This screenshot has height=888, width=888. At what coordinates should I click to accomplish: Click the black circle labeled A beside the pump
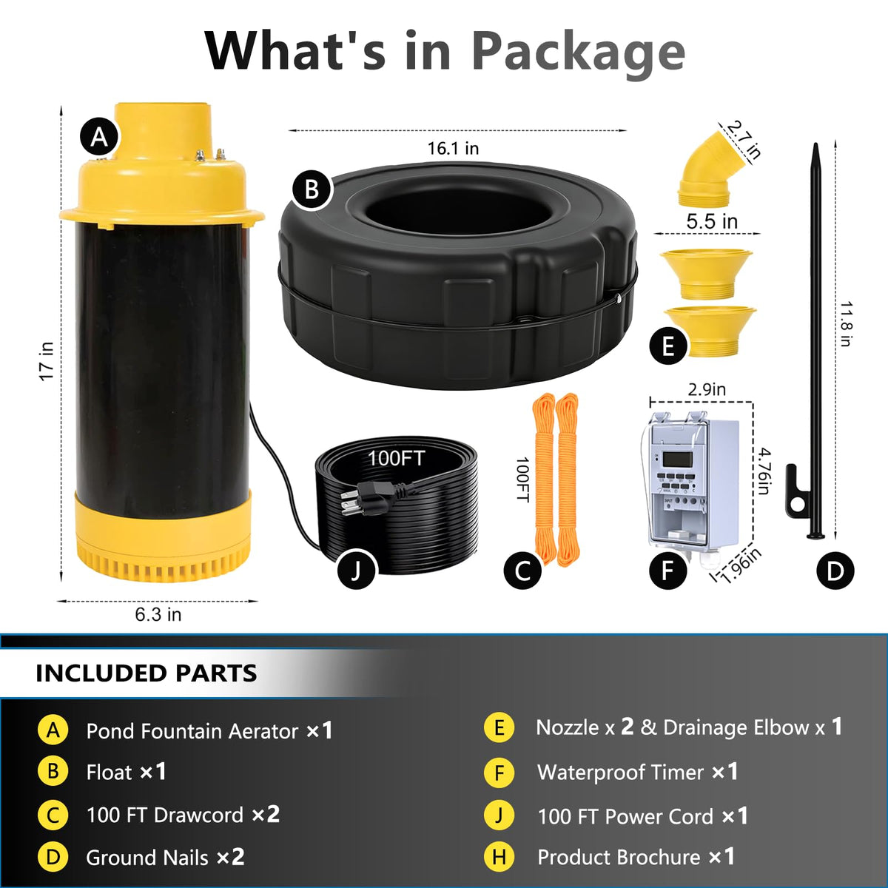tap(99, 137)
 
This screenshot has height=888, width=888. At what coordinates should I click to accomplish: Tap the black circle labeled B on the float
tap(312, 189)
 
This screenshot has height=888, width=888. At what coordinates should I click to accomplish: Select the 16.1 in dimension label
tap(453, 149)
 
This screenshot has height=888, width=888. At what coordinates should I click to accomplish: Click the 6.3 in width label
tap(158, 614)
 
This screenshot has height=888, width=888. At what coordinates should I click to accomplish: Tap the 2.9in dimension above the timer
tap(707, 389)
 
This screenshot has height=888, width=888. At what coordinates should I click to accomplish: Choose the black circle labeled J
tap(356, 570)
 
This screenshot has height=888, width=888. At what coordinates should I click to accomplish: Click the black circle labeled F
tap(667, 571)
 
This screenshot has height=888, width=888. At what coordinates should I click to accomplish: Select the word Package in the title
tap(579, 52)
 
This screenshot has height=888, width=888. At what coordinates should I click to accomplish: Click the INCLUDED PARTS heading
tap(146, 673)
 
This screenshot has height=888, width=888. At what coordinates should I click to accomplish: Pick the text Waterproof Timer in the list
tap(620, 773)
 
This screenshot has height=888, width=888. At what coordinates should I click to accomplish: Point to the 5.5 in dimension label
tap(712, 222)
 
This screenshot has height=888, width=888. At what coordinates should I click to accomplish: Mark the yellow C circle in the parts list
tap(53, 815)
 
